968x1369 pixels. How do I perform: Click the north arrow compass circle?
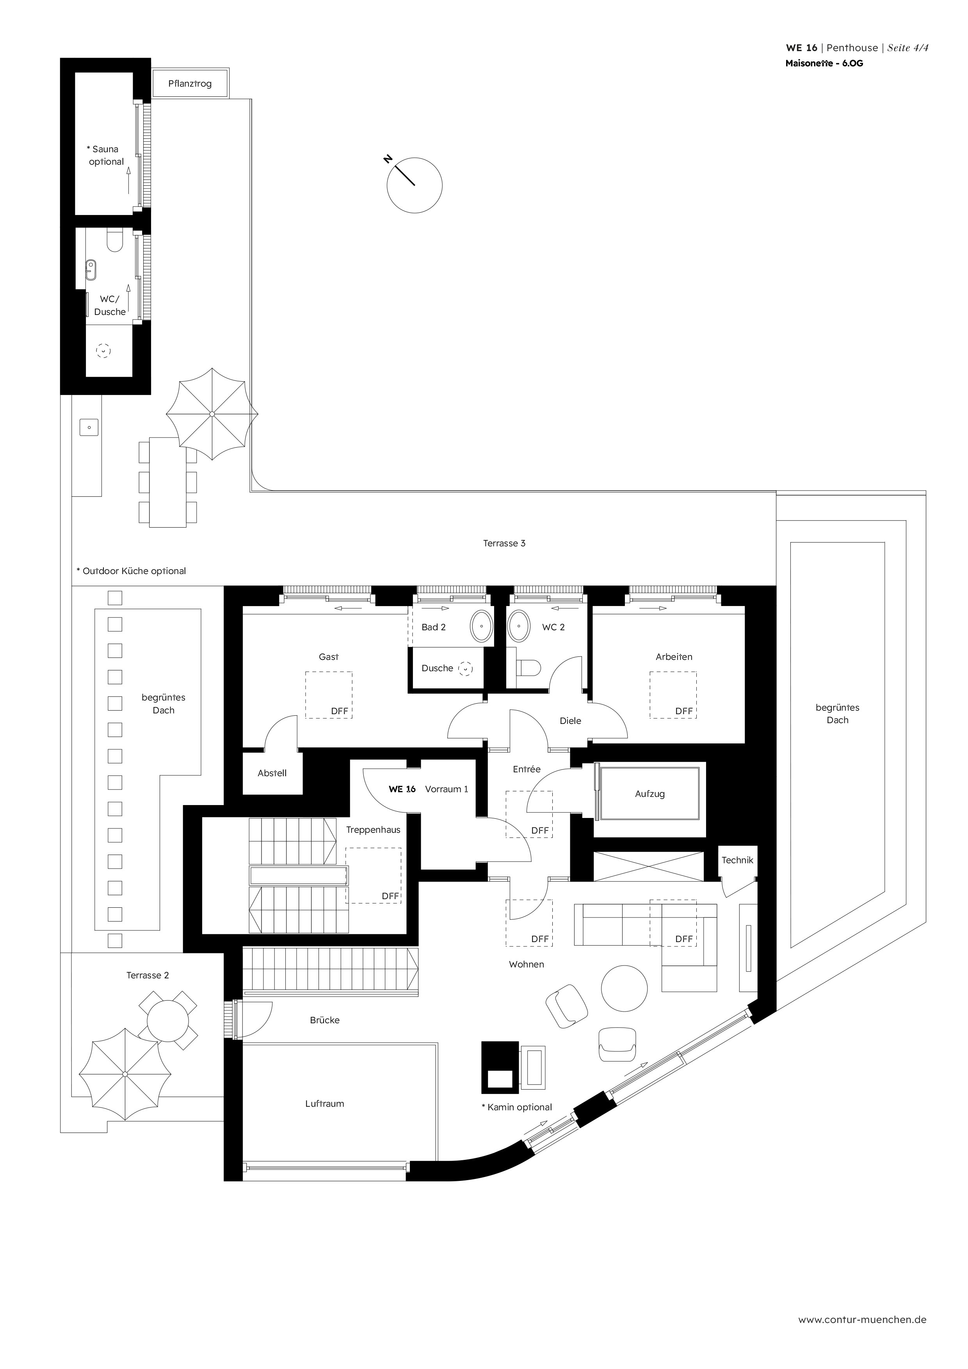[415, 185]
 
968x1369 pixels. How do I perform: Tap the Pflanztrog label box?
[190, 84]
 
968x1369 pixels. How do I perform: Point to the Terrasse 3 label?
[504, 543]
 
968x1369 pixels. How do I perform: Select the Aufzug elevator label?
[649, 794]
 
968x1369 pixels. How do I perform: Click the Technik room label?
[737, 860]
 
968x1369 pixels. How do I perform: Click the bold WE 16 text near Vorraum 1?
[402, 789]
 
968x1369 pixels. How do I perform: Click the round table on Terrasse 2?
[167, 1020]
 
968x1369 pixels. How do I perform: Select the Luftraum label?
[324, 1103]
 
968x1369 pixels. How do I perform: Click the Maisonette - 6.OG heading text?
[824, 63]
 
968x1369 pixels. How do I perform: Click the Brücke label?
[324, 1020]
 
